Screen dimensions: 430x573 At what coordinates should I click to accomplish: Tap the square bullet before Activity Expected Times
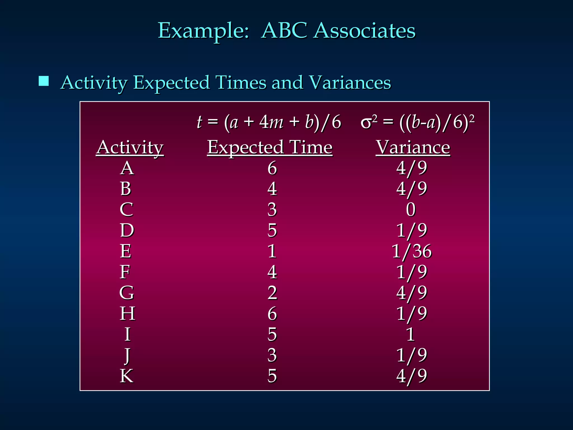coord(44,81)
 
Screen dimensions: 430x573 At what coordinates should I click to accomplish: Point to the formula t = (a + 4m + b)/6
coord(269,122)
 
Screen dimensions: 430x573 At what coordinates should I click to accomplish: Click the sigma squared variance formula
coord(417,122)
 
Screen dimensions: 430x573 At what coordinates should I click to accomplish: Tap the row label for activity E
coord(126,251)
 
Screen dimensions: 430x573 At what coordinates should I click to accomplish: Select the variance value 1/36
coord(412,251)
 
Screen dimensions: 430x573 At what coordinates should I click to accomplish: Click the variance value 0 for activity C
coord(411,209)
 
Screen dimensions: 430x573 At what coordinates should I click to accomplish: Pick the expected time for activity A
coord(272,168)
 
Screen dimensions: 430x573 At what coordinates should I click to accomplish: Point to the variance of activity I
coord(410,334)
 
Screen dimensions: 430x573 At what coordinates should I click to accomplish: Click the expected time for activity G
coord(272,293)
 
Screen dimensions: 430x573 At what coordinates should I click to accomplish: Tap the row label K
coord(126,376)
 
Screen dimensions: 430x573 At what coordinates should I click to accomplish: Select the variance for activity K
coord(412,376)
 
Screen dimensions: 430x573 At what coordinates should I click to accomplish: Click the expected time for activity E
coord(272,251)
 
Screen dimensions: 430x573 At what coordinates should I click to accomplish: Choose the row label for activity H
coord(127,313)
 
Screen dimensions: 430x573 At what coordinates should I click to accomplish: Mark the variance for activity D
coord(412,230)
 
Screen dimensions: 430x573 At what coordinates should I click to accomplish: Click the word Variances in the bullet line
coord(350,83)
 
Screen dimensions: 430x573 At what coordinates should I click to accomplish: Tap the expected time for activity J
coord(272,355)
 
